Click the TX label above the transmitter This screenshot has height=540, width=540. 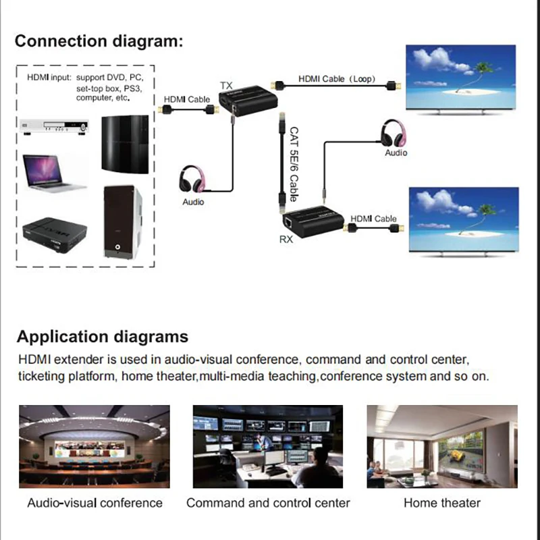tap(226, 86)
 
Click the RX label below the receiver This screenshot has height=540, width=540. tap(286, 238)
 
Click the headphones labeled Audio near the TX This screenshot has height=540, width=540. tap(193, 180)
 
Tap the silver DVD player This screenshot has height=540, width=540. tap(55, 128)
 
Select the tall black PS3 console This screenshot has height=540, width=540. tap(126, 144)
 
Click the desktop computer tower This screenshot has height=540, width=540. tap(122, 222)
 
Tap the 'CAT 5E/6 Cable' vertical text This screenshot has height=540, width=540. tap(294, 164)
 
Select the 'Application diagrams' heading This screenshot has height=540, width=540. tap(103, 337)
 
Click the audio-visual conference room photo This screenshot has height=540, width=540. tap(94, 446)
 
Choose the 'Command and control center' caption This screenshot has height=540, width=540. tap(268, 503)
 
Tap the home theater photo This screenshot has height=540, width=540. tap(441, 446)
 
